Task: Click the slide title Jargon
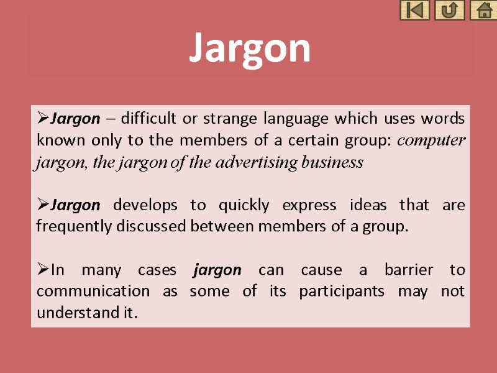249,48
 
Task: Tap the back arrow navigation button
414,11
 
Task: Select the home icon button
483,11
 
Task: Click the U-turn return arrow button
449,11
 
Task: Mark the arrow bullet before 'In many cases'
43,270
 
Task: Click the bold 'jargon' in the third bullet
217,270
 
